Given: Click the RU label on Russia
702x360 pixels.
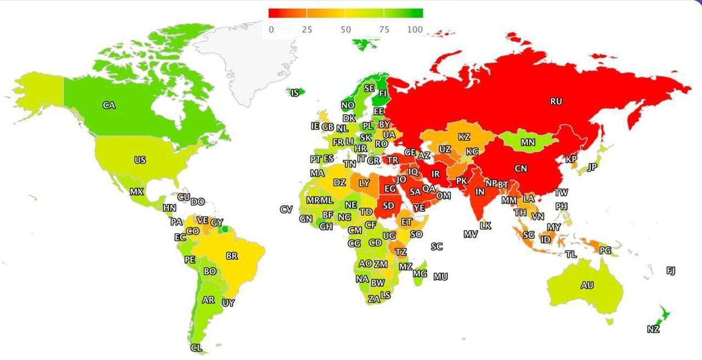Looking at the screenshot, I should point(556,101).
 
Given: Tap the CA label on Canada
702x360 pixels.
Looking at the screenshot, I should point(108,105).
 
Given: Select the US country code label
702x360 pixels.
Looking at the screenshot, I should point(140,160).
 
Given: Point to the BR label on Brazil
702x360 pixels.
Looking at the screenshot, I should point(232,256).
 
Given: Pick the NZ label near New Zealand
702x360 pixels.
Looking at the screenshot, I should point(653,329).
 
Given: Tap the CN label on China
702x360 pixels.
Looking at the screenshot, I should point(521,169).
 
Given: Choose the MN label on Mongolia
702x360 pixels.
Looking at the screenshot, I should point(528,142).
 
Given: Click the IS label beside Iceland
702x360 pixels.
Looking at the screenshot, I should point(295,92).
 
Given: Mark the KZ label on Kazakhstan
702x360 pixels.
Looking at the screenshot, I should point(464,137).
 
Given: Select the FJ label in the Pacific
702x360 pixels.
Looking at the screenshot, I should point(670,270).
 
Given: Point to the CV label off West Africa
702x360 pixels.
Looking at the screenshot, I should point(286,210).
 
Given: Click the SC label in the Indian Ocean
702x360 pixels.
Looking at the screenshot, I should point(437,246).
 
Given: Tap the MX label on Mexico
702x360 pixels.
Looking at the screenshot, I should point(136,191).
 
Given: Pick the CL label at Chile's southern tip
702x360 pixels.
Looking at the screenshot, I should point(196,348).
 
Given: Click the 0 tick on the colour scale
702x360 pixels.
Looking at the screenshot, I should point(271,29).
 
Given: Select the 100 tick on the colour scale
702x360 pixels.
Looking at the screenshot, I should point(415,29).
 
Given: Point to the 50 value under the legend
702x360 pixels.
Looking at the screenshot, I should point(345,29).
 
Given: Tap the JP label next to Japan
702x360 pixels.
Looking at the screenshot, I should point(592,167).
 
